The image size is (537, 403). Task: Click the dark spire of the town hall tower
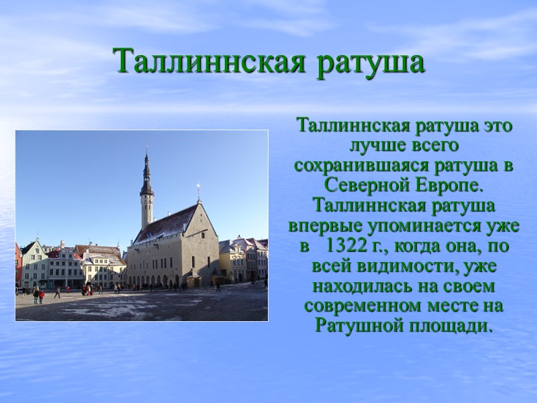click(146, 171)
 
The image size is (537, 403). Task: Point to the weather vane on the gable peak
click(198, 190)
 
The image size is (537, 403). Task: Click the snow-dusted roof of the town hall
click(164, 225)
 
